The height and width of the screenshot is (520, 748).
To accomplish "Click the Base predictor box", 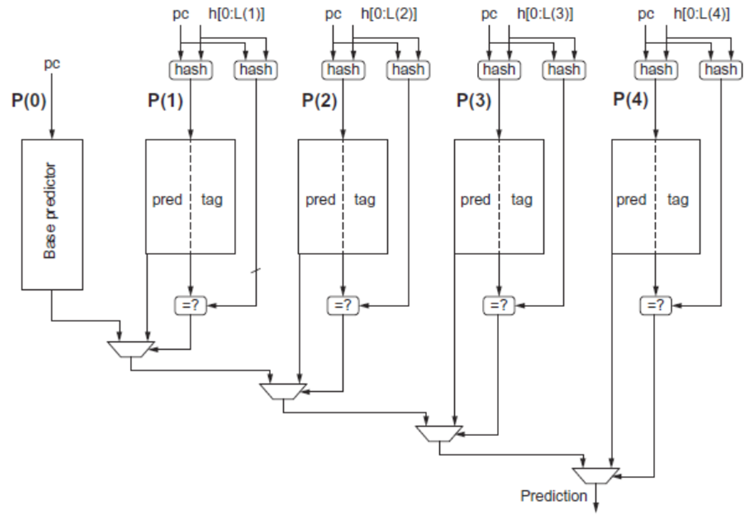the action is (x=52, y=214).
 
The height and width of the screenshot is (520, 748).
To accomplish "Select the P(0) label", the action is (x=29, y=100).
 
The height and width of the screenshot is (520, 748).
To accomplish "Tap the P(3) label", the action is (x=474, y=100).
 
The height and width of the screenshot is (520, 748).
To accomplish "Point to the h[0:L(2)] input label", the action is (x=389, y=14).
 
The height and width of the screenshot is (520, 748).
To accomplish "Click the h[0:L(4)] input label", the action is (x=702, y=14).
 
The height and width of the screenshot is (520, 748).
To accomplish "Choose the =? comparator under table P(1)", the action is (x=191, y=305).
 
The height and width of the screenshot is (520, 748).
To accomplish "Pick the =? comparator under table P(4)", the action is (x=656, y=305).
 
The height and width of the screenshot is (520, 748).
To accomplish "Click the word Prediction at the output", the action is (x=553, y=496).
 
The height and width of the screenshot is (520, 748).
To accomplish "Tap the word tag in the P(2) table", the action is (x=364, y=201).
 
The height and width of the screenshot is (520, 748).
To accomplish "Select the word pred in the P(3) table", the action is (x=475, y=201).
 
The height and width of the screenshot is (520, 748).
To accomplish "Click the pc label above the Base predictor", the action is (x=52, y=64).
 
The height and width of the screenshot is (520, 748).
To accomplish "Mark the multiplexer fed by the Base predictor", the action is (x=130, y=349).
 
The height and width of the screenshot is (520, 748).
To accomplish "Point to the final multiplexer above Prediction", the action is (x=596, y=476).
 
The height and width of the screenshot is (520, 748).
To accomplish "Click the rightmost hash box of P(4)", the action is (x=721, y=70).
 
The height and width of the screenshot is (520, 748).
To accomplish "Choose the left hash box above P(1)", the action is (x=191, y=70).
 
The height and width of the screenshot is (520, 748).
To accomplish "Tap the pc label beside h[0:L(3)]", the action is (x=489, y=14).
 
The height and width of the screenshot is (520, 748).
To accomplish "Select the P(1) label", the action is (x=165, y=100).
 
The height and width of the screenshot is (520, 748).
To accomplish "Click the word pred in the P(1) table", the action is (x=167, y=201).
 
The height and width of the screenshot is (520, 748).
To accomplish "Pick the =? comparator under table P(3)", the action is (x=499, y=305).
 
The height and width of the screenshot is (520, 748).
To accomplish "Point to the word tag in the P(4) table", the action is (x=678, y=201).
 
